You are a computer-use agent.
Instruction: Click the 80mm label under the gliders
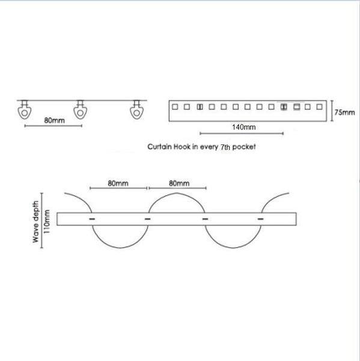[x=54, y=120]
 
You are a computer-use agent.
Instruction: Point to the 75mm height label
[x=344, y=113]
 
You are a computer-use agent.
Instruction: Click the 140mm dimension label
[x=243, y=127]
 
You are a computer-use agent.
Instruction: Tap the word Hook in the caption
[x=182, y=147]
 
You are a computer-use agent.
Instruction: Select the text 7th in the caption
[x=225, y=147]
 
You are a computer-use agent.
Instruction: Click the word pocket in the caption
[x=244, y=147]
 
